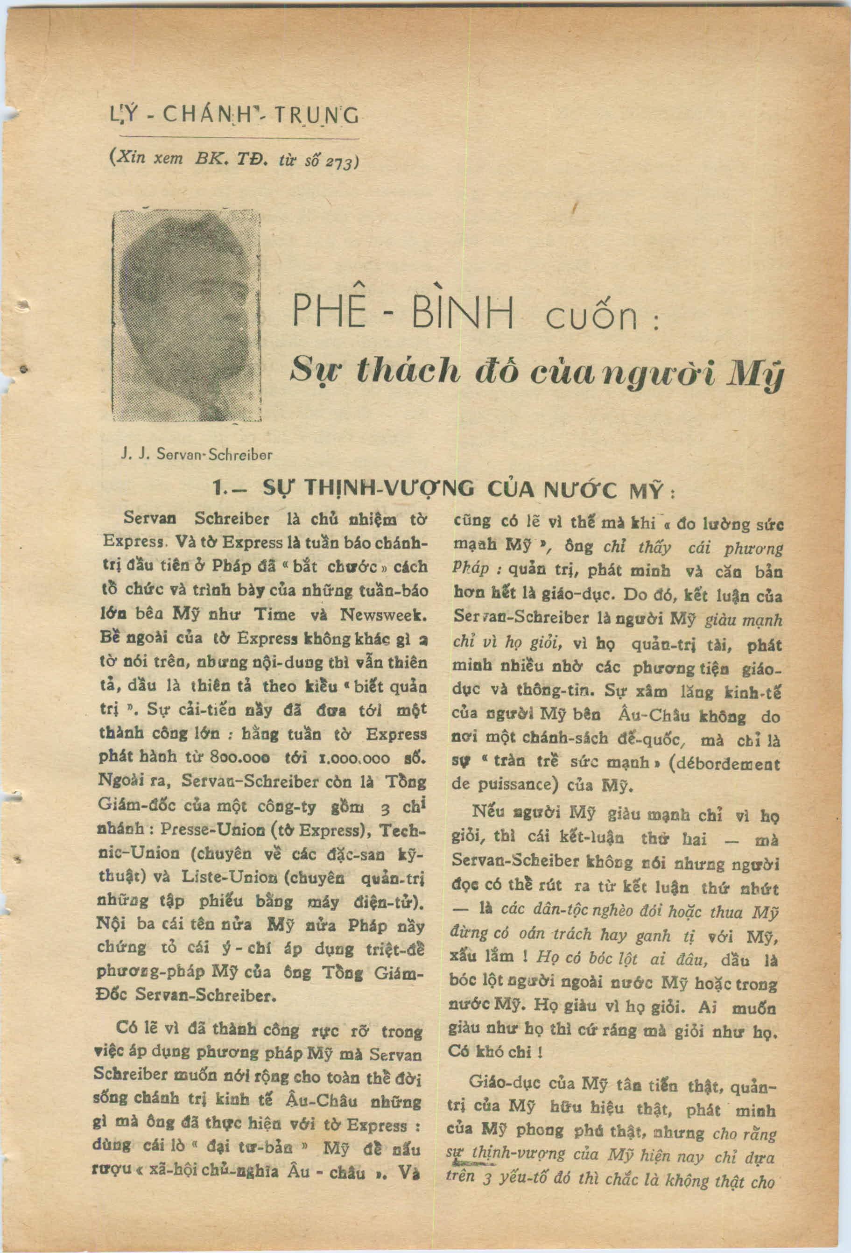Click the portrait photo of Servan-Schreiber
click(187, 317)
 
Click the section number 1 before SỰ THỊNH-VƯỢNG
click(219, 489)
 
